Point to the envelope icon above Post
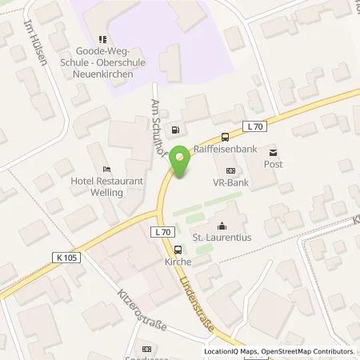(x=274, y=151)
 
